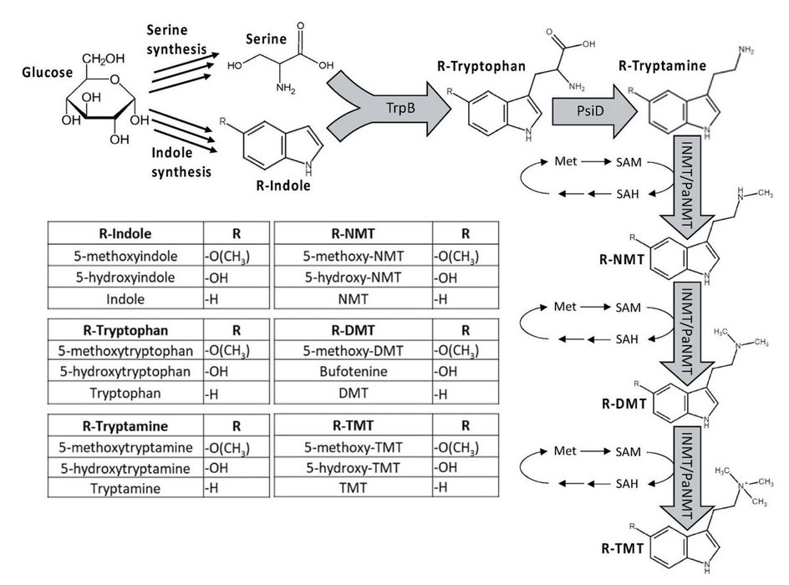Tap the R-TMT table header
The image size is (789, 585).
click(x=354, y=423)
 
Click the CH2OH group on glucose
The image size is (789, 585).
click(x=111, y=58)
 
